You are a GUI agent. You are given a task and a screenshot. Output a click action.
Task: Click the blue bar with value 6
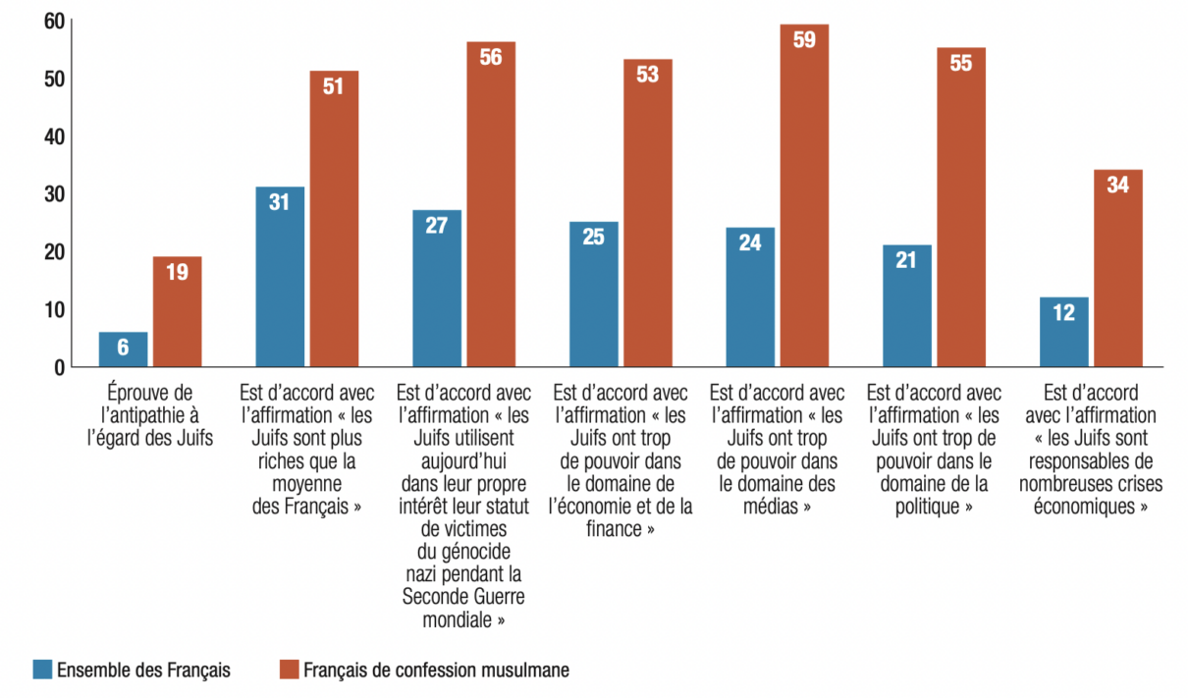coord(123,349)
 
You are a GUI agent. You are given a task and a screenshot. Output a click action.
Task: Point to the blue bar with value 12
coord(1063,334)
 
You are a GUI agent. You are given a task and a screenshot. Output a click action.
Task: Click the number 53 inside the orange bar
coord(647,75)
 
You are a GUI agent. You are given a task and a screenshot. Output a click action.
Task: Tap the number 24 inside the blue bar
coord(750,242)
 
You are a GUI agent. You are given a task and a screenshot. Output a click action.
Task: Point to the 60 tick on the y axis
coord(53,21)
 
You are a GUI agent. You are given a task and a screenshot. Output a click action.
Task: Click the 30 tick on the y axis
coord(53,194)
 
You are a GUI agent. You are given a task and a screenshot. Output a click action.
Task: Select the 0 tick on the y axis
coord(59,367)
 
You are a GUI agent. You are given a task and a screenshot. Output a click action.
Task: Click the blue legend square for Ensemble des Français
coord(42,671)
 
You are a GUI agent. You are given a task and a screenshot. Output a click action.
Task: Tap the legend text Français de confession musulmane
coord(436,671)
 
